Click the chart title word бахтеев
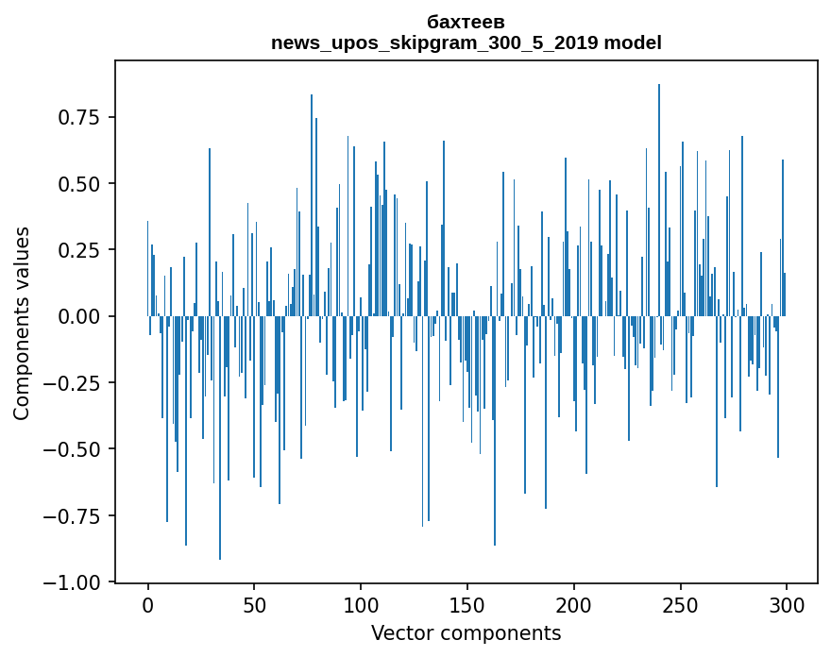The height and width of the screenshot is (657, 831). click(x=466, y=23)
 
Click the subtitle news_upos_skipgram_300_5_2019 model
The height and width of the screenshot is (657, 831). click(x=466, y=42)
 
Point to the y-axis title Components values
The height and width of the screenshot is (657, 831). click(x=22, y=323)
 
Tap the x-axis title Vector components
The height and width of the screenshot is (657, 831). click(x=466, y=633)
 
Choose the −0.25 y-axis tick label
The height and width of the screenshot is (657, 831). click(x=74, y=383)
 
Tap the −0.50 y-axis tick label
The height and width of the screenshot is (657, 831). click(x=74, y=449)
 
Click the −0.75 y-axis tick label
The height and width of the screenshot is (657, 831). click(x=74, y=516)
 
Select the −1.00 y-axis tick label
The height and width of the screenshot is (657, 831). click(x=74, y=582)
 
